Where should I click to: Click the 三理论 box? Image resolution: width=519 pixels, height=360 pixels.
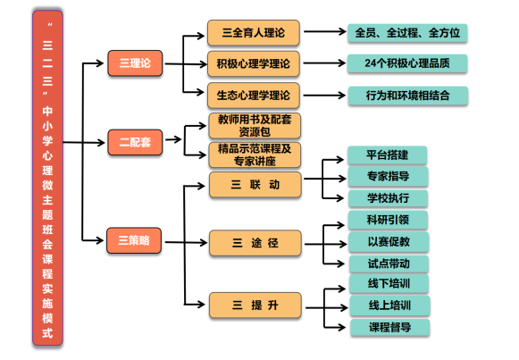coord(135,63)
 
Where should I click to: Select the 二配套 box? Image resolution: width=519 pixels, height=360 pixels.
coord(135,142)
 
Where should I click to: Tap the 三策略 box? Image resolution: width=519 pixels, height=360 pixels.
coord(134,240)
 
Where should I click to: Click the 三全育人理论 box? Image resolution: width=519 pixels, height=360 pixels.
coord(254,32)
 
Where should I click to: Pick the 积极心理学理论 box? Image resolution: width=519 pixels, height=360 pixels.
coord(254,63)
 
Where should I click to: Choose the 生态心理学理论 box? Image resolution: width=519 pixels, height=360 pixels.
coord(254,96)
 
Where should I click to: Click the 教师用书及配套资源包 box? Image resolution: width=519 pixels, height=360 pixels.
coord(255,126)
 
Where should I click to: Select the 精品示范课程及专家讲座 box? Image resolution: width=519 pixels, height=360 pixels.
coord(255,155)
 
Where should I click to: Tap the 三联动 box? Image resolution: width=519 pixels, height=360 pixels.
coord(255,184)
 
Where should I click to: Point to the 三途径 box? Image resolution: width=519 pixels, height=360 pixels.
coord(255,243)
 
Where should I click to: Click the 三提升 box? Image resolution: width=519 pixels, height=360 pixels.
coord(255,306)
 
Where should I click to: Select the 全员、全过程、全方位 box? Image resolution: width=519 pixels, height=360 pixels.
coord(407,33)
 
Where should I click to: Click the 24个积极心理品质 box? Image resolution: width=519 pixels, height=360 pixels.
coord(407,63)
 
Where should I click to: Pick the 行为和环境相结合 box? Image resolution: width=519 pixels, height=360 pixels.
coord(408,96)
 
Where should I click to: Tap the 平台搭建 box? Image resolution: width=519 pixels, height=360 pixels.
coord(388,155)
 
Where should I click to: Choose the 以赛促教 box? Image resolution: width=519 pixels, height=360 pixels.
coord(389,241)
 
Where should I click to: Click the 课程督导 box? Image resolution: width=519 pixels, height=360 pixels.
coord(390,327)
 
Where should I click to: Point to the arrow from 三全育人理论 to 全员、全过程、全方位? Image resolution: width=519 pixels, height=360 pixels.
coord(325,32)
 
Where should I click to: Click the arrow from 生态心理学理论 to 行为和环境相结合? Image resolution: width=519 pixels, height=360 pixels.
coord(324,96)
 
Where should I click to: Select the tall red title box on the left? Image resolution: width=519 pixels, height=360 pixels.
coord(47,178)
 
